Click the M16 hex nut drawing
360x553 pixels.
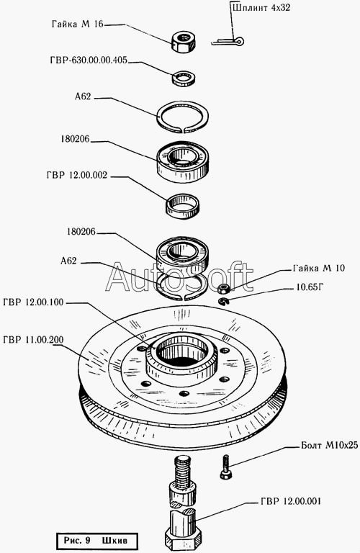184,42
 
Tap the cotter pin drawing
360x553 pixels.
228,42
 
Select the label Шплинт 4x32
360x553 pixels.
261,8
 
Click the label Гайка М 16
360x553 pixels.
78,24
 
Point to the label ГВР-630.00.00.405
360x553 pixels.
89,60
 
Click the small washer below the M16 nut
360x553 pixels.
184,78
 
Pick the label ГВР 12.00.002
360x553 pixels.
77,175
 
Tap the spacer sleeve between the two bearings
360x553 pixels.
182,206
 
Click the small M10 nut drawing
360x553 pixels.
224,288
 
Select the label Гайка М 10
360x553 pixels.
318,269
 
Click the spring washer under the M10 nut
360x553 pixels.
223,301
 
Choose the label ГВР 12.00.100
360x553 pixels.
33,302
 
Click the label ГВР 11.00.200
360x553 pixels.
33,340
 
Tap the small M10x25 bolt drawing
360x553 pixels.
226,467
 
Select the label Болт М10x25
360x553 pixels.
329,446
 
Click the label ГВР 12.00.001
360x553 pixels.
291,501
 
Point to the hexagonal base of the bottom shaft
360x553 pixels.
184,538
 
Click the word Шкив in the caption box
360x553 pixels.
114,540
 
